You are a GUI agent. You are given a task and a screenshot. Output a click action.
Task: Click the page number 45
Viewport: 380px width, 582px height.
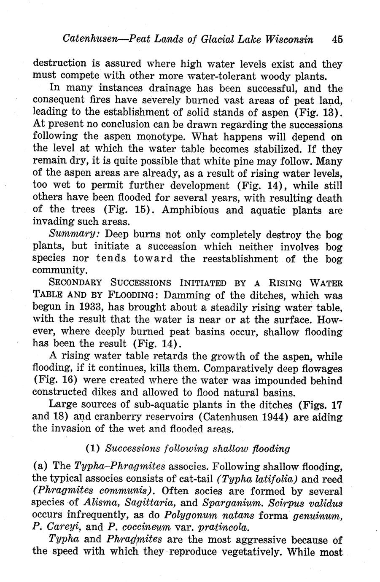click(337, 39)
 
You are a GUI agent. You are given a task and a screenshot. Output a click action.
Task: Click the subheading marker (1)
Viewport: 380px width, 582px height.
click(92, 448)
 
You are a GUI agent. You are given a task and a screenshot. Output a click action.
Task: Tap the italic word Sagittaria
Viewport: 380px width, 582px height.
click(154, 503)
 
